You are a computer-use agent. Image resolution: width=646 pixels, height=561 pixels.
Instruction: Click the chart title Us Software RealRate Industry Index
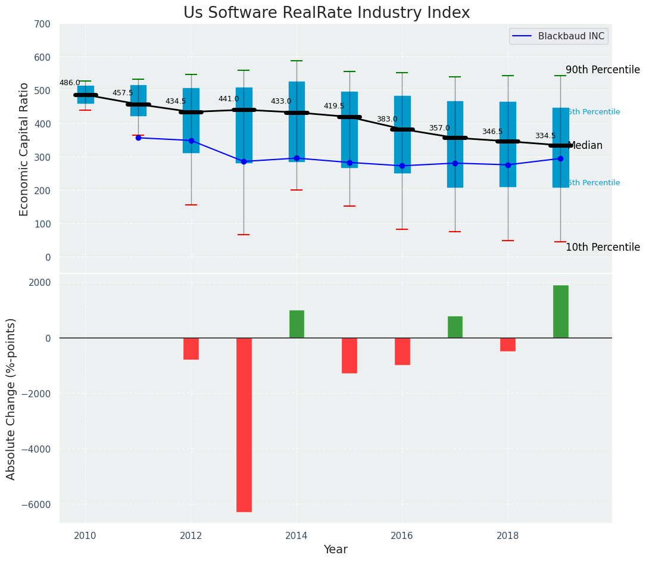click(326, 13)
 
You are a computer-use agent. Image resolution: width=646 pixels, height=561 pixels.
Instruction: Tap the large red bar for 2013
click(244, 425)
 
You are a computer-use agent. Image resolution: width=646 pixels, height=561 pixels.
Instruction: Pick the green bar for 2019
click(560, 311)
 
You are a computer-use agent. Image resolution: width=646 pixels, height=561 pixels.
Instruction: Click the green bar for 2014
click(297, 324)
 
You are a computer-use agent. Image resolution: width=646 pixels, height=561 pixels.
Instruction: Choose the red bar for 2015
click(349, 356)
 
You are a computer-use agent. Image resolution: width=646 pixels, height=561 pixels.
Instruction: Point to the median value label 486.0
click(70, 83)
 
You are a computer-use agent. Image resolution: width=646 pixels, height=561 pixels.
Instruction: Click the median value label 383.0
click(386, 119)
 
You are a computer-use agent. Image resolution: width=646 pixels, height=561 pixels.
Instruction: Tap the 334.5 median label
click(545, 136)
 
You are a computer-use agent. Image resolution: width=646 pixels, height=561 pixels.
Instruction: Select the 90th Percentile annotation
click(602, 70)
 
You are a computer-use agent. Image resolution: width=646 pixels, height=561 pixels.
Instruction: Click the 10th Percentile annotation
click(602, 247)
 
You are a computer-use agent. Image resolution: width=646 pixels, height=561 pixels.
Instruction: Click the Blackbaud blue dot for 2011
click(138, 138)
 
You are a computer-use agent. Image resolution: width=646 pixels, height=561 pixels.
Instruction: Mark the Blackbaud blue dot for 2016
click(402, 166)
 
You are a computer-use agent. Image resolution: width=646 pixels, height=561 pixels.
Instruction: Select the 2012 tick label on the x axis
click(191, 535)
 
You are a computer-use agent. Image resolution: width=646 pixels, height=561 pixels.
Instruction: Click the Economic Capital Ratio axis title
click(24, 149)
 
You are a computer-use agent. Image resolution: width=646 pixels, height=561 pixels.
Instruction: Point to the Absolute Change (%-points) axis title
click(11, 398)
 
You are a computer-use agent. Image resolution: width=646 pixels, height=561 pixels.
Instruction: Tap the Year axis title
click(335, 550)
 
